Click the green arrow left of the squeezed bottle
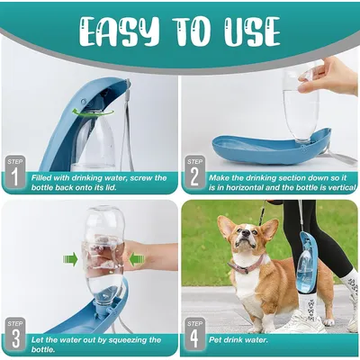coord(71,260)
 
